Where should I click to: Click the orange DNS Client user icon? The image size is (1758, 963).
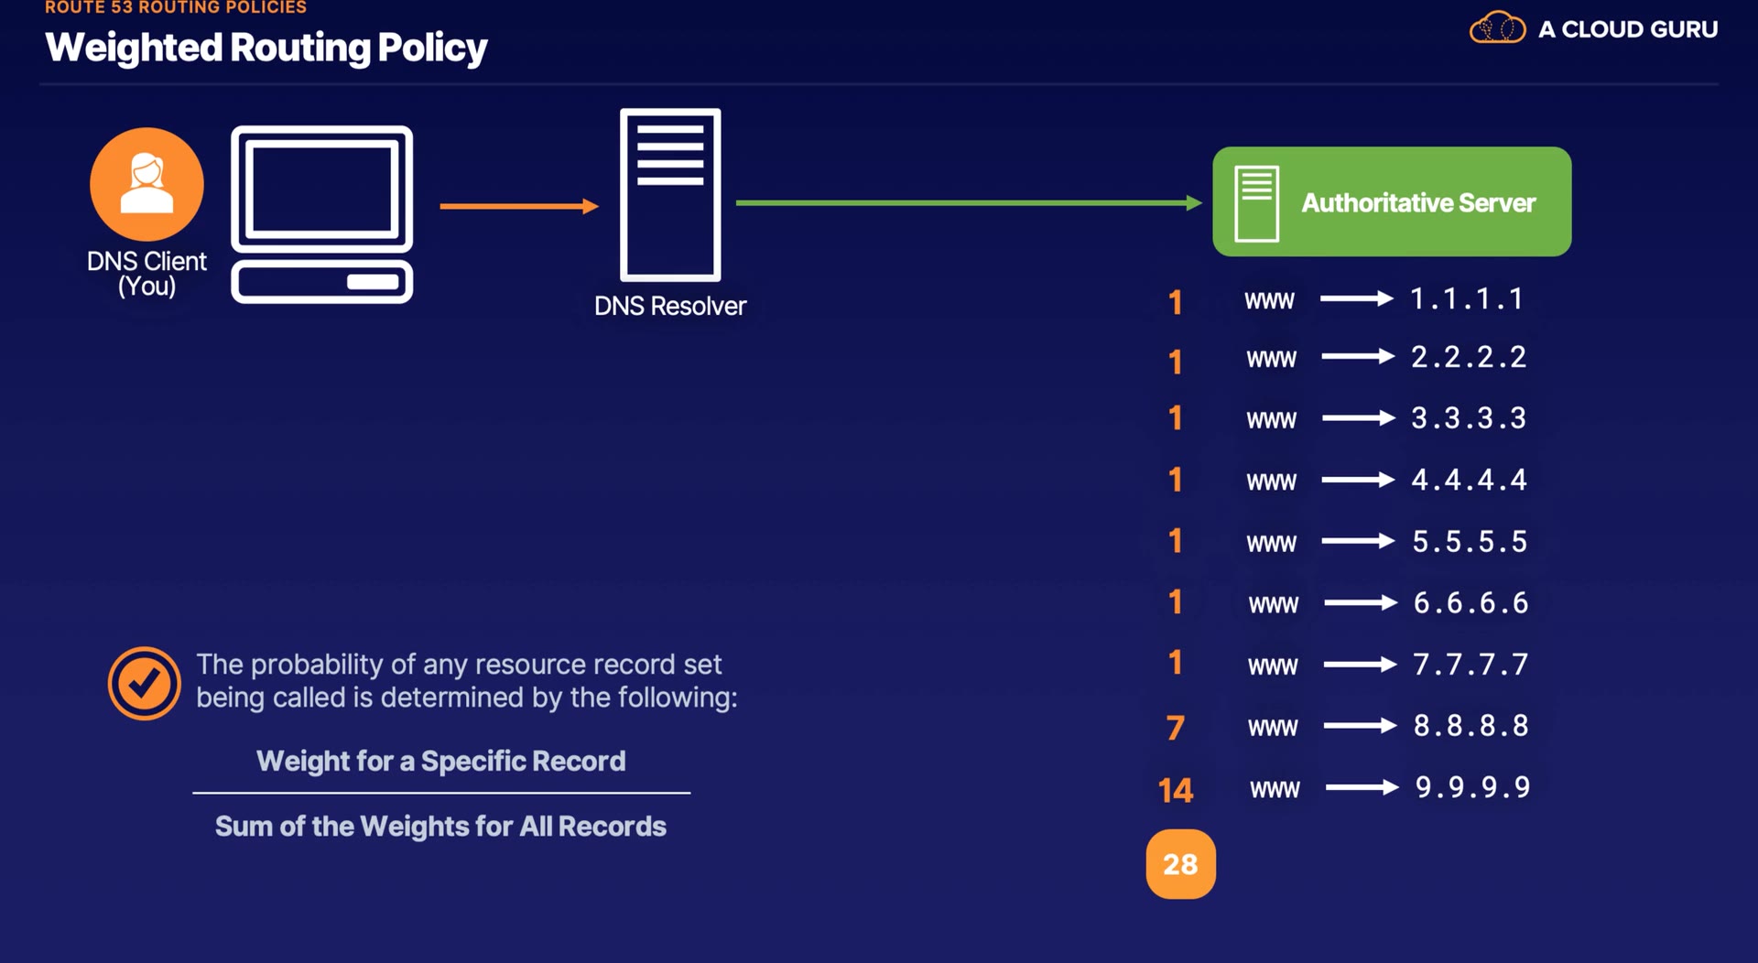pyautogui.click(x=146, y=184)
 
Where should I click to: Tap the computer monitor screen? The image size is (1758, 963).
pyautogui.click(x=322, y=189)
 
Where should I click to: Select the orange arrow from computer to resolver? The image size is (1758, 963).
pyautogui.click(x=519, y=207)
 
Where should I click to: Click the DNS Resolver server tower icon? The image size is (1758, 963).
pyautogui.click(x=670, y=195)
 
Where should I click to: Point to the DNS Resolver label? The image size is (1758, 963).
pyautogui.click(x=670, y=306)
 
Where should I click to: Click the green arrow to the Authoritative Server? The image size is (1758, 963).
pyautogui.click(x=969, y=203)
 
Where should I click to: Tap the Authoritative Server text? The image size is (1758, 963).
pyautogui.click(x=1418, y=202)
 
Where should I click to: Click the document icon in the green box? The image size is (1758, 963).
pyautogui.click(x=1256, y=203)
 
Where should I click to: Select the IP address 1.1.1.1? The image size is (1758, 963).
pyautogui.click(x=1466, y=298)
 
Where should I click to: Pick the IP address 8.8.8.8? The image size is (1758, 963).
pyautogui.click(x=1471, y=726)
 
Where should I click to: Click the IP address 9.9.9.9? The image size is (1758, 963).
pyautogui.click(x=1472, y=787)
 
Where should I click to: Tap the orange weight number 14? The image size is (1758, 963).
pyautogui.click(x=1176, y=790)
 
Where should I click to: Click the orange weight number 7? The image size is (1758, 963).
pyautogui.click(x=1176, y=728)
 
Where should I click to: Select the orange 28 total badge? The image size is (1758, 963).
pyautogui.click(x=1181, y=864)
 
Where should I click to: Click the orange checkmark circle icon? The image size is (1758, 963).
pyautogui.click(x=144, y=683)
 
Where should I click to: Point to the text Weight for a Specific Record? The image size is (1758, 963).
pyautogui.click(x=441, y=761)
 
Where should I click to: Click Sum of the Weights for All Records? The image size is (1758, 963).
pyautogui.click(x=440, y=827)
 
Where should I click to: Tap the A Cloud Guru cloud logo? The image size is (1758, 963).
pyautogui.click(x=1497, y=28)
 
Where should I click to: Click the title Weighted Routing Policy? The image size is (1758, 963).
pyautogui.click(x=266, y=48)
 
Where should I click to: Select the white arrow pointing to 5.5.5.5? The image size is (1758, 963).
pyautogui.click(x=1359, y=542)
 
